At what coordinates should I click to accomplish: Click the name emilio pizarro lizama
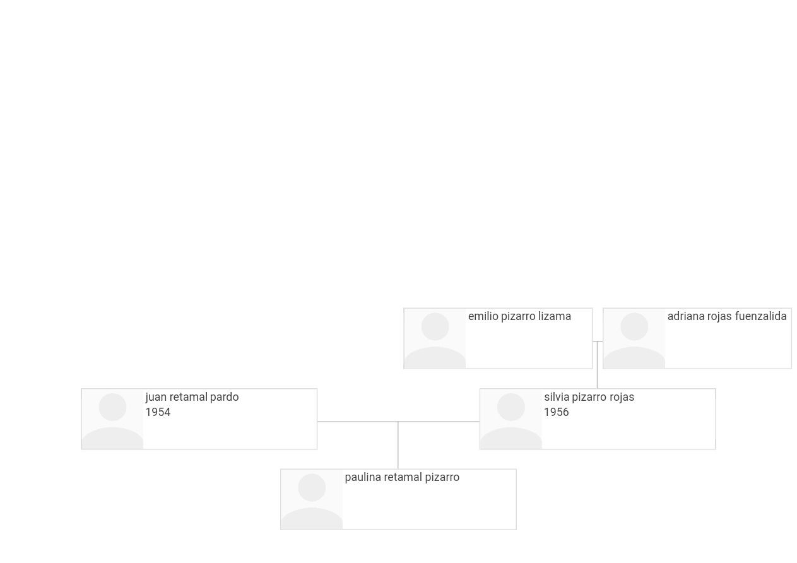(x=519, y=316)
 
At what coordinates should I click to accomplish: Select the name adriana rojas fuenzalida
(x=727, y=316)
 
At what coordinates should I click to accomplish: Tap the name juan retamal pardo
(x=192, y=397)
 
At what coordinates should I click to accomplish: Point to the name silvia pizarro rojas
(x=589, y=397)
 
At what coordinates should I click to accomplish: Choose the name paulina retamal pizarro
(x=402, y=478)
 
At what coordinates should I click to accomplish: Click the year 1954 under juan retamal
(x=158, y=412)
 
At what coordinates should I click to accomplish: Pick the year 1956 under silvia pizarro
(x=557, y=412)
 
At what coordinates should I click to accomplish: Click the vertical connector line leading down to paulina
(x=398, y=445)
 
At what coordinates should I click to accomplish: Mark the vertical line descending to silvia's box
(x=597, y=365)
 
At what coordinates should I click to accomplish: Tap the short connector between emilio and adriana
(x=598, y=341)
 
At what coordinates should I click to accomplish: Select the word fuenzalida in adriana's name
(x=760, y=316)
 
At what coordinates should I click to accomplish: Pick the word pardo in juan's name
(x=225, y=397)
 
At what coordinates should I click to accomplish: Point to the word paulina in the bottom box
(x=363, y=478)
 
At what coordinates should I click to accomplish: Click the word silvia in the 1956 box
(x=557, y=397)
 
